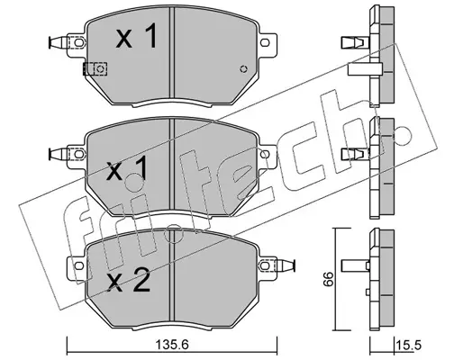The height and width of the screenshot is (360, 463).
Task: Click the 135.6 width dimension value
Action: tap(172, 346)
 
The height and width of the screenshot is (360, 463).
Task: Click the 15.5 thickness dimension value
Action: tap(409, 346)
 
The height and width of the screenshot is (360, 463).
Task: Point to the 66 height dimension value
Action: tap(328, 279)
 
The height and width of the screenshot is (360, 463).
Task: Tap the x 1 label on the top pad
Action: tap(137, 36)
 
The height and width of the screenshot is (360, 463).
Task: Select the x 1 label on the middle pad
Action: tap(127, 168)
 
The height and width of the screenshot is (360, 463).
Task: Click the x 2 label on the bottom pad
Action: tap(129, 280)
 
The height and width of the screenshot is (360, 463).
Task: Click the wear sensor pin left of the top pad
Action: tap(58, 42)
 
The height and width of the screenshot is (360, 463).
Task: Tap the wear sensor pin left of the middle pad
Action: tap(58, 154)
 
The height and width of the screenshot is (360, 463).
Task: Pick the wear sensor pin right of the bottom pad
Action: tap(286, 265)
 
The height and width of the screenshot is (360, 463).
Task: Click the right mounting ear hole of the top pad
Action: tap(265, 42)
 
